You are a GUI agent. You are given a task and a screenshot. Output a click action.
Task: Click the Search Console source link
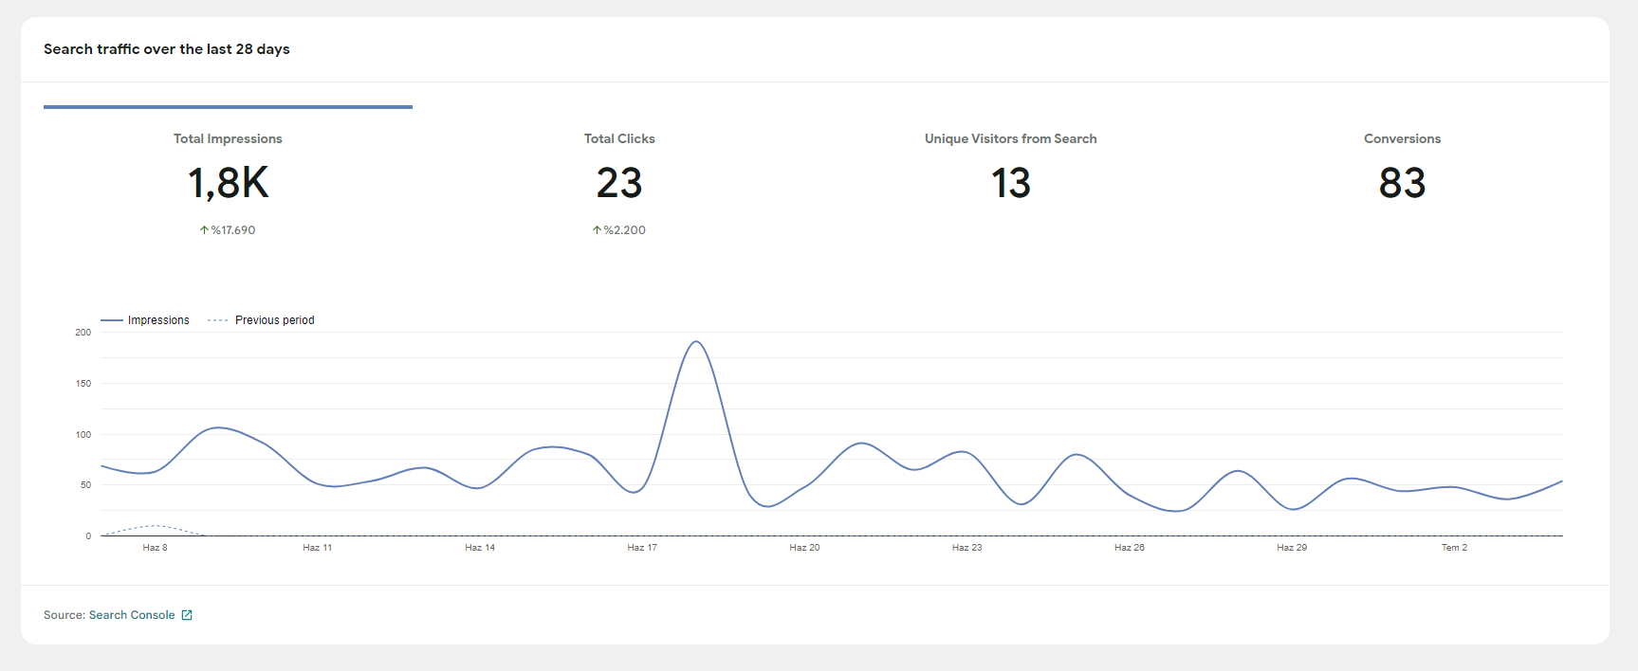(132, 615)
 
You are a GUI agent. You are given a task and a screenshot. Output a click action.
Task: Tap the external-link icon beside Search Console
(187, 615)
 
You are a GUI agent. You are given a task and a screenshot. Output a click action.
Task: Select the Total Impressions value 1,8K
(229, 183)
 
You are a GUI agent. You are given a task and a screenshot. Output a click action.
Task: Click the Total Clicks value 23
(619, 183)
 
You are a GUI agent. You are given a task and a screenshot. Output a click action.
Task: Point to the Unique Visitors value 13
(1011, 183)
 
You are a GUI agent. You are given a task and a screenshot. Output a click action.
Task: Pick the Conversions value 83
(1403, 183)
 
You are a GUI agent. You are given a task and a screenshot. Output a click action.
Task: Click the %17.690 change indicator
(228, 230)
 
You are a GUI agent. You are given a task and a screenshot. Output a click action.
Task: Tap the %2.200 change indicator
(619, 230)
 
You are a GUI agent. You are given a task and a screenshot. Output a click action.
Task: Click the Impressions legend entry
(145, 320)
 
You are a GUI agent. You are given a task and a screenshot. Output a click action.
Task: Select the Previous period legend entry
(261, 320)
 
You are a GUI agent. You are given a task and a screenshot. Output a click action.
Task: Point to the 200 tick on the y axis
(83, 333)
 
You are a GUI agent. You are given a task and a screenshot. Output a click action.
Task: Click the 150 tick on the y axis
(83, 384)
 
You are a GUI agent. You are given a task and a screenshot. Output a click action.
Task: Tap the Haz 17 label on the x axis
(642, 548)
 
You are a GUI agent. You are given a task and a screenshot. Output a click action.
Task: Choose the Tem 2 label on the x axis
(1454, 548)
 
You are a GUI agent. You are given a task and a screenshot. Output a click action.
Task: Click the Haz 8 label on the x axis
(155, 548)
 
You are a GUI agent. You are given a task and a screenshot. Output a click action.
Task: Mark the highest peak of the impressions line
(696, 341)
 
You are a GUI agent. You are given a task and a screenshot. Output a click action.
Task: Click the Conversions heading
(1403, 138)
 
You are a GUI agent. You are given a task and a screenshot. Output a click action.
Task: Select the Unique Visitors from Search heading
(1011, 138)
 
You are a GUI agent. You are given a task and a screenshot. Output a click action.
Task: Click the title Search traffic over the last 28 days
(167, 49)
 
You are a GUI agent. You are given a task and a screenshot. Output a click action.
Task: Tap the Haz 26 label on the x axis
(1130, 548)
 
